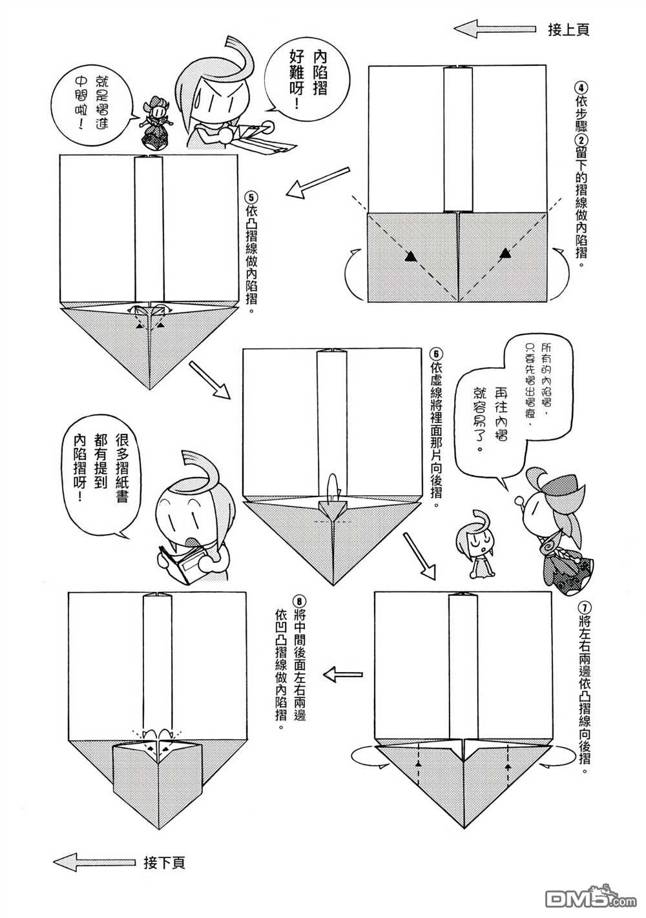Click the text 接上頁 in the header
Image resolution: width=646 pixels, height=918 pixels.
point(568,30)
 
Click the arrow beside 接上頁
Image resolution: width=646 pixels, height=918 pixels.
point(495,30)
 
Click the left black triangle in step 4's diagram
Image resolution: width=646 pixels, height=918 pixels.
point(410,257)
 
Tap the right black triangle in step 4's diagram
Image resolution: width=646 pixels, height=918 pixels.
point(506,254)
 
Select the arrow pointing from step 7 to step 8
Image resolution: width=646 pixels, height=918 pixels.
point(344,674)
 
